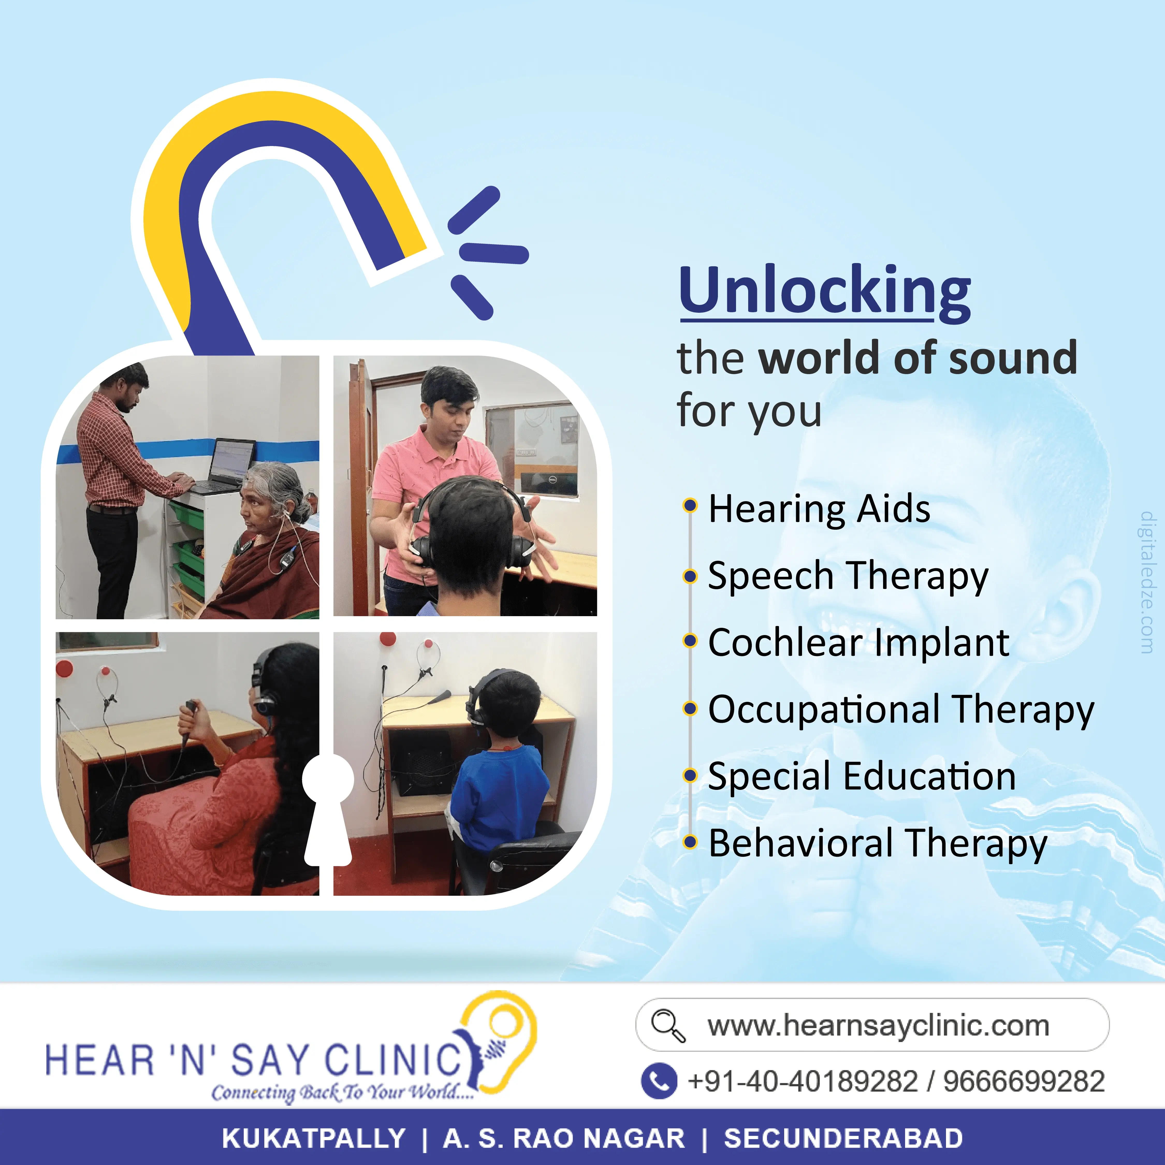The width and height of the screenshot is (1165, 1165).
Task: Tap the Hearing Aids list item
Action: [819, 508]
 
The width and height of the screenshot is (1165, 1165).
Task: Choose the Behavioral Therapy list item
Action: [877, 844]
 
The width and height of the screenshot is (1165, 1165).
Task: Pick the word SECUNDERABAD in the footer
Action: [843, 1139]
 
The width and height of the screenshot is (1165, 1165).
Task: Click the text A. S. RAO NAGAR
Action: [564, 1139]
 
